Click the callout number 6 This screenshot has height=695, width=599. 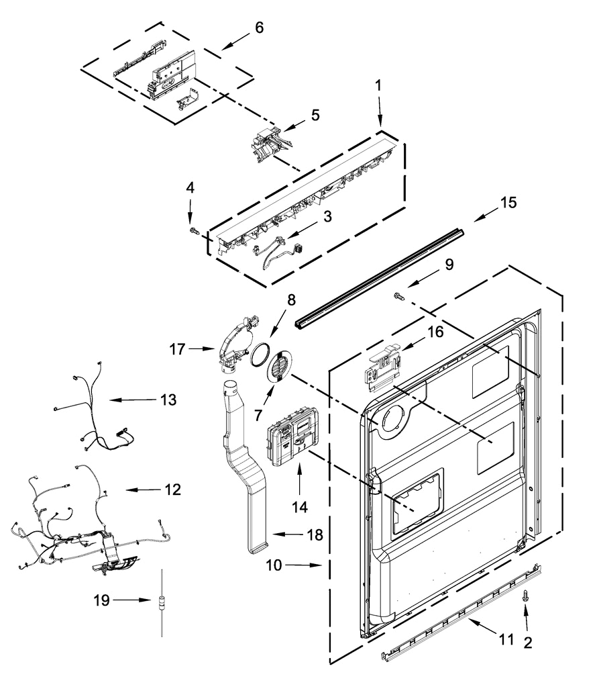[259, 28]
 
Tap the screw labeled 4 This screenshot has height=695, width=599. [195, 231]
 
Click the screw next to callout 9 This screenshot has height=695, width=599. [398, 295]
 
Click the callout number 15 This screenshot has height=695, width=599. [508, 203]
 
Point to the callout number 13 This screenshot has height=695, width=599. [168, 400]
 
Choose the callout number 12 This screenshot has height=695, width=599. [172, 490]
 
